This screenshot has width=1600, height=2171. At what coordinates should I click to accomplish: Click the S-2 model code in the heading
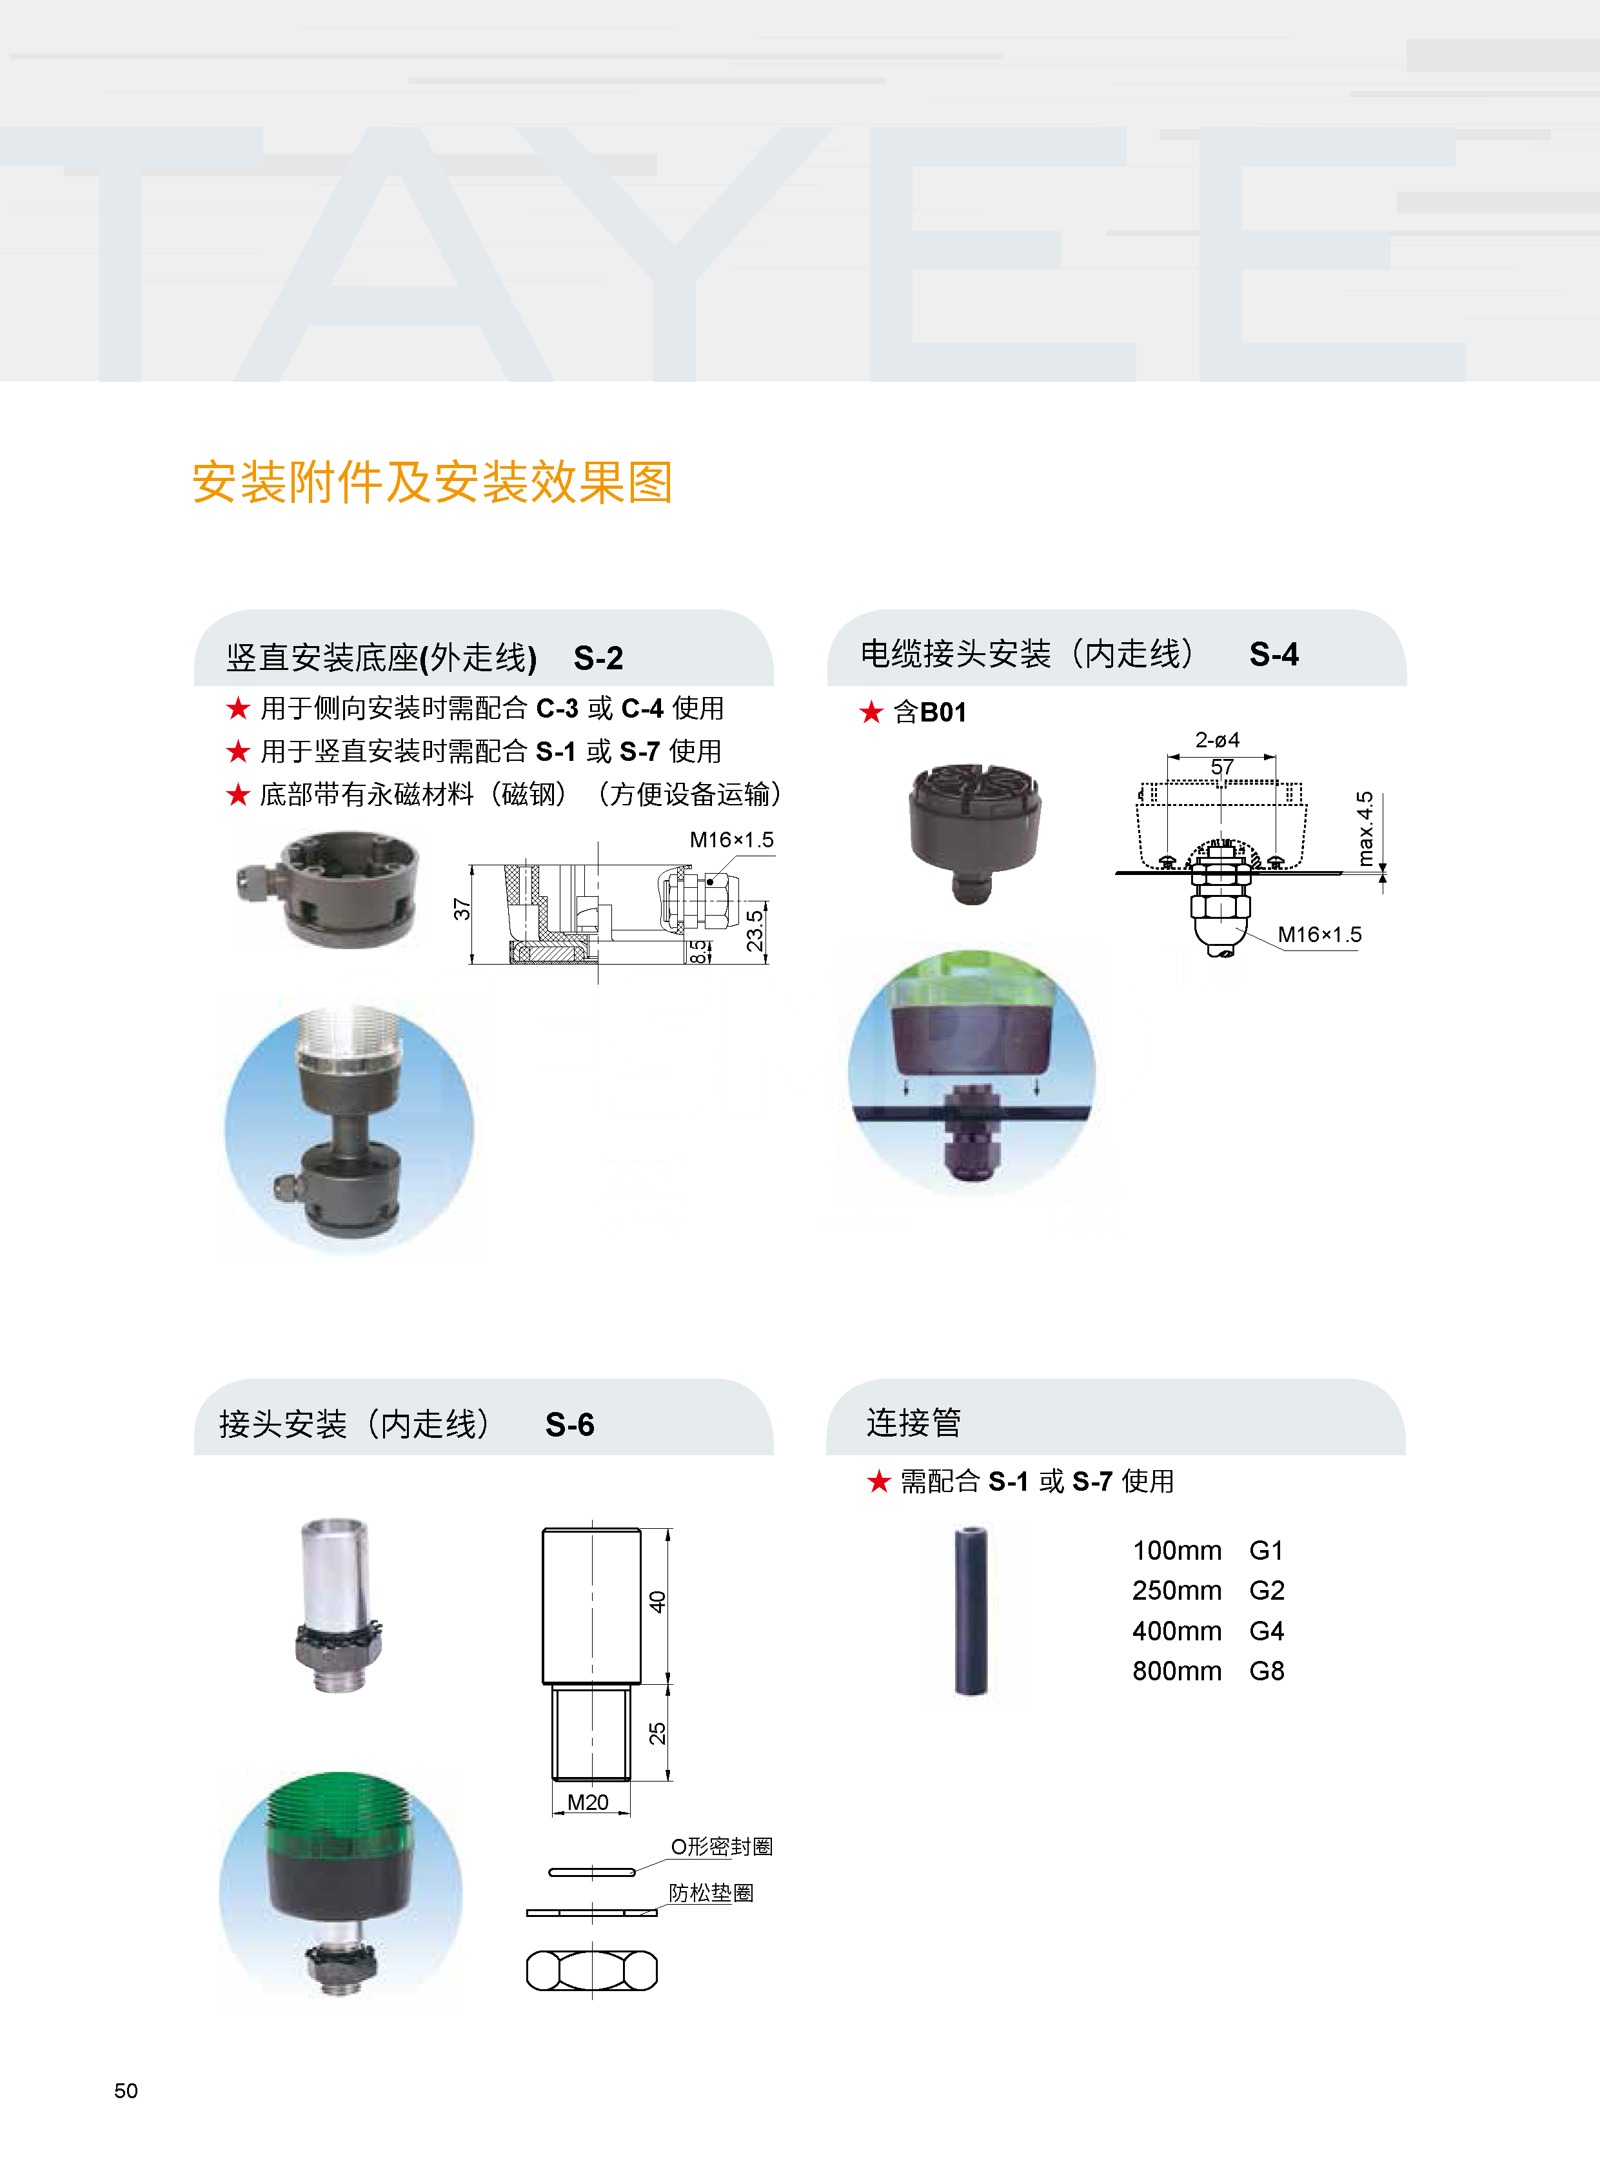598,658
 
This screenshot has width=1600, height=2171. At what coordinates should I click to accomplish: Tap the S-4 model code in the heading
1274,654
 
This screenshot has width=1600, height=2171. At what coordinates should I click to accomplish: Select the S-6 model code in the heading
569,1424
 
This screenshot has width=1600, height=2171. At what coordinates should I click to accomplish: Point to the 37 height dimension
462,909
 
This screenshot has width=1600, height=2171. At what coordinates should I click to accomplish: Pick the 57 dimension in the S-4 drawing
1222,767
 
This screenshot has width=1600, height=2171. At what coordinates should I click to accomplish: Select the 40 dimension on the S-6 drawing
658,1602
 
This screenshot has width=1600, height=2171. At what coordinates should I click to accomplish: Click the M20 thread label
588,1802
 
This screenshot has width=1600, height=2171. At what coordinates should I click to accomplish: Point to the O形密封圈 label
722,1847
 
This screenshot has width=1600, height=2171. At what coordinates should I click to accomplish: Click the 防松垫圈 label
711,1893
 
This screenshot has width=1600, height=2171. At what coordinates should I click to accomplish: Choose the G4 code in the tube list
1266,1631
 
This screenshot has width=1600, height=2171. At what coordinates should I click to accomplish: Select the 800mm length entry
1177,1671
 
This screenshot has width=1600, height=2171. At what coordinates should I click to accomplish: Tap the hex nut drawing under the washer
592,1970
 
